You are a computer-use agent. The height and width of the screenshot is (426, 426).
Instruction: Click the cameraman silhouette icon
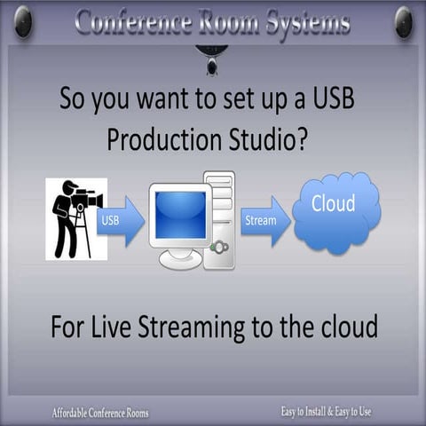pyautogui.click(x=76, y=218)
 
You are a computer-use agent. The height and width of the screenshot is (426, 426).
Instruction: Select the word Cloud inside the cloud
pyautogui.click(x=333, y=203)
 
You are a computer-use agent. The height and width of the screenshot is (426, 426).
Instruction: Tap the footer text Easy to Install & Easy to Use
pyautogui.click(x=326, y=412)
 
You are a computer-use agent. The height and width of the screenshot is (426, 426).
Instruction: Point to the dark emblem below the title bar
pyautogui.click(x=211, y=59)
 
